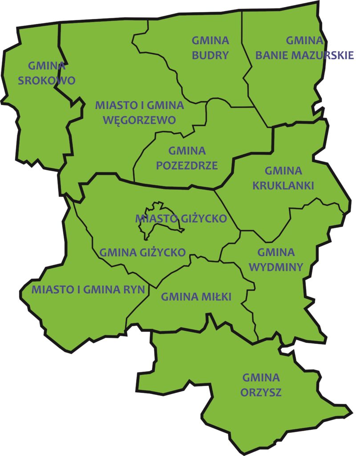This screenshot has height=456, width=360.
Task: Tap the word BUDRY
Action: pos(210,55)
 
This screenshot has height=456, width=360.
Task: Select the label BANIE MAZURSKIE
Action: pos(304,55)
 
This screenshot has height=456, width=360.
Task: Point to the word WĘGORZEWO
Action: pos(139,120)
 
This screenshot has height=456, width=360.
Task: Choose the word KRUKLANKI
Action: pos(283,185)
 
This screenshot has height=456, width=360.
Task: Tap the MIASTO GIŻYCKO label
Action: pos(181,219)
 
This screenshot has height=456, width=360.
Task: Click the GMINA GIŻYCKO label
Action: pos(142,252)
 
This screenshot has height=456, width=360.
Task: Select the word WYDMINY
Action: pos(276,267)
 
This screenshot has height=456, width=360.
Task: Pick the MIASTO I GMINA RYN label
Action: pos(88,289)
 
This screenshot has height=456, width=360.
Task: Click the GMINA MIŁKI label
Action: pos(196,297)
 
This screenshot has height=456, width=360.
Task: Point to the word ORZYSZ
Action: pos(261,393)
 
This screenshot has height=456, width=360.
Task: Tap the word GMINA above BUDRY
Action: pos(210,41)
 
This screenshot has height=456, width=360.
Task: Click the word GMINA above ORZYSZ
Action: pos(261,378)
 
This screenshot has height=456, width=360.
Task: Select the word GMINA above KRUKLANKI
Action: pos(283,171)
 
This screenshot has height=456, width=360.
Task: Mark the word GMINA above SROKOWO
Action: pos(47,66)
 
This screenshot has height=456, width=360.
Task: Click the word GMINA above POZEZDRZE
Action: pos(187,151)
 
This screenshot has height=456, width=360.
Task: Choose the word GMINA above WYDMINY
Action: pos(276,252)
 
